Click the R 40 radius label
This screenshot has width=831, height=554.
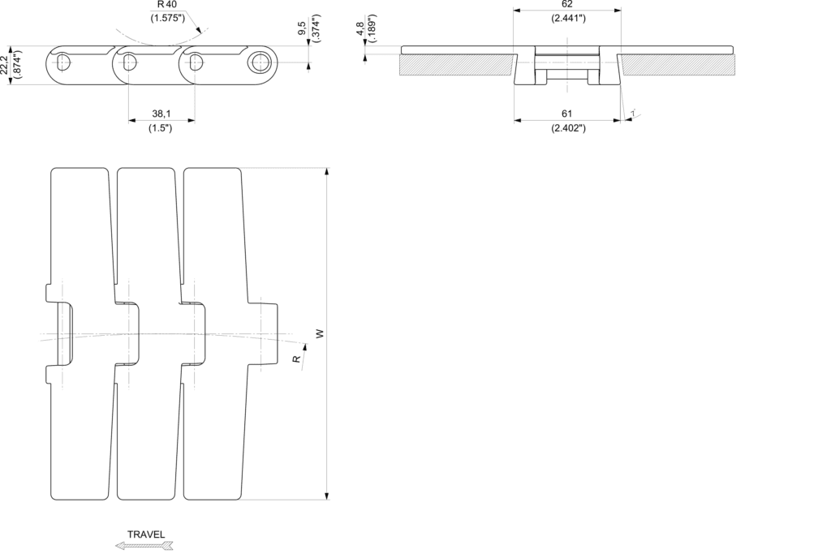(166, 5)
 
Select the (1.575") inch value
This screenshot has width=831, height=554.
(166, 19)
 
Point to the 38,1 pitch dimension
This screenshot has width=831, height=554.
(161, 114)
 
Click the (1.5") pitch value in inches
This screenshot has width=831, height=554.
(161, 128)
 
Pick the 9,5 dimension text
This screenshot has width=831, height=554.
(302, 28)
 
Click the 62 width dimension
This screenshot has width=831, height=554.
(567, 4)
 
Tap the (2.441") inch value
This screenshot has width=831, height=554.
(567, 18)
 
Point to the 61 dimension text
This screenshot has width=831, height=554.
(567, 114)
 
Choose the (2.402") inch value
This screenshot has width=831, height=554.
(567, 128)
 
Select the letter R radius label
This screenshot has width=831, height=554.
(296, 357)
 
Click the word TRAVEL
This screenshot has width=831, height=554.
(146, 535)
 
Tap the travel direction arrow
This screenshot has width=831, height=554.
(144, 546)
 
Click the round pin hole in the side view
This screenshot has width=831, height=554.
(260, 62)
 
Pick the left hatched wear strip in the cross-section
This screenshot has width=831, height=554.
(458, 64)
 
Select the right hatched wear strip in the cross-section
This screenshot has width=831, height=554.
(678, 64)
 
